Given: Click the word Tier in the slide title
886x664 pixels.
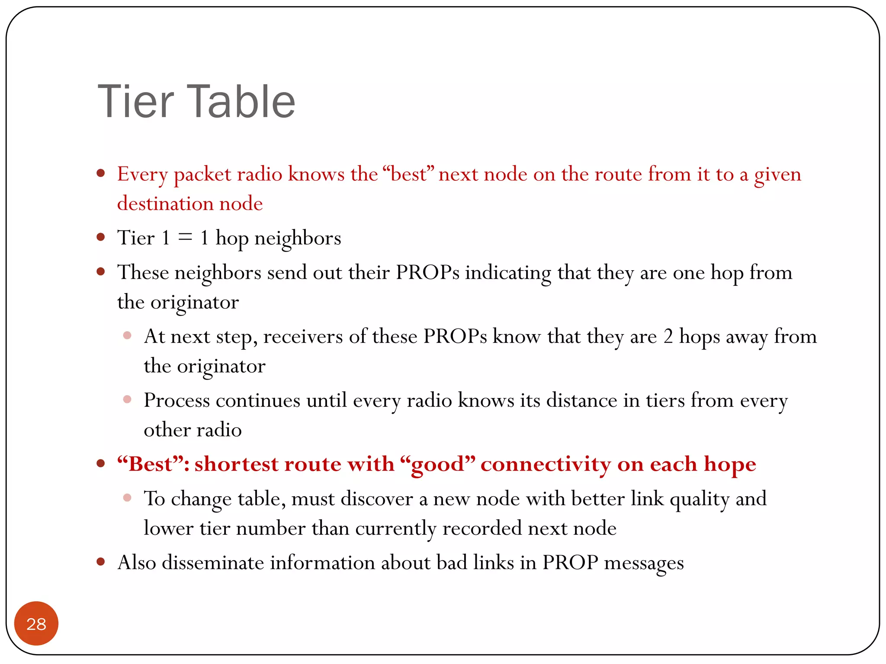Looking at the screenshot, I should tap(136, 102).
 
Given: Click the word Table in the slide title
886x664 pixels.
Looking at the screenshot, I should tap(241, 102).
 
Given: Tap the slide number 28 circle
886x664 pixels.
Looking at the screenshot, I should tap(36, 623).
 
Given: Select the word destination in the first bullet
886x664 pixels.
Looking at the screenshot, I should tap(165, 204).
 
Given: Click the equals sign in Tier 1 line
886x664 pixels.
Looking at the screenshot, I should tap(185, 237).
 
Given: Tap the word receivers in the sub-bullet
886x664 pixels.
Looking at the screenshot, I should tap(303, 337).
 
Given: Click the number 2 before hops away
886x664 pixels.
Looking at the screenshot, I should tap(668, 337).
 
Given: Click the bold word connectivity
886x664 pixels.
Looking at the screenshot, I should tap(546, 464).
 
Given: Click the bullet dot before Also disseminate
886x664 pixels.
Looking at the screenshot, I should tap(101, 562).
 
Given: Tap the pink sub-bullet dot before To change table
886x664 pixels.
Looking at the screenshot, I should tap(127, 498).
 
